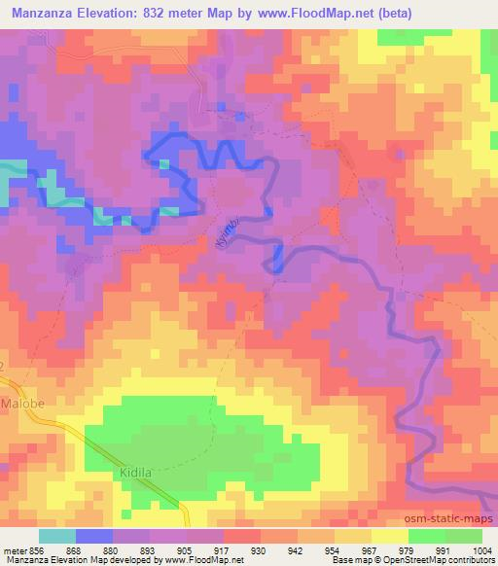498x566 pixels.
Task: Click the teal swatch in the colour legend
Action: [58, 536]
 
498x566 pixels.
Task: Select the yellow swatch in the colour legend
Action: [390, 536]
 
